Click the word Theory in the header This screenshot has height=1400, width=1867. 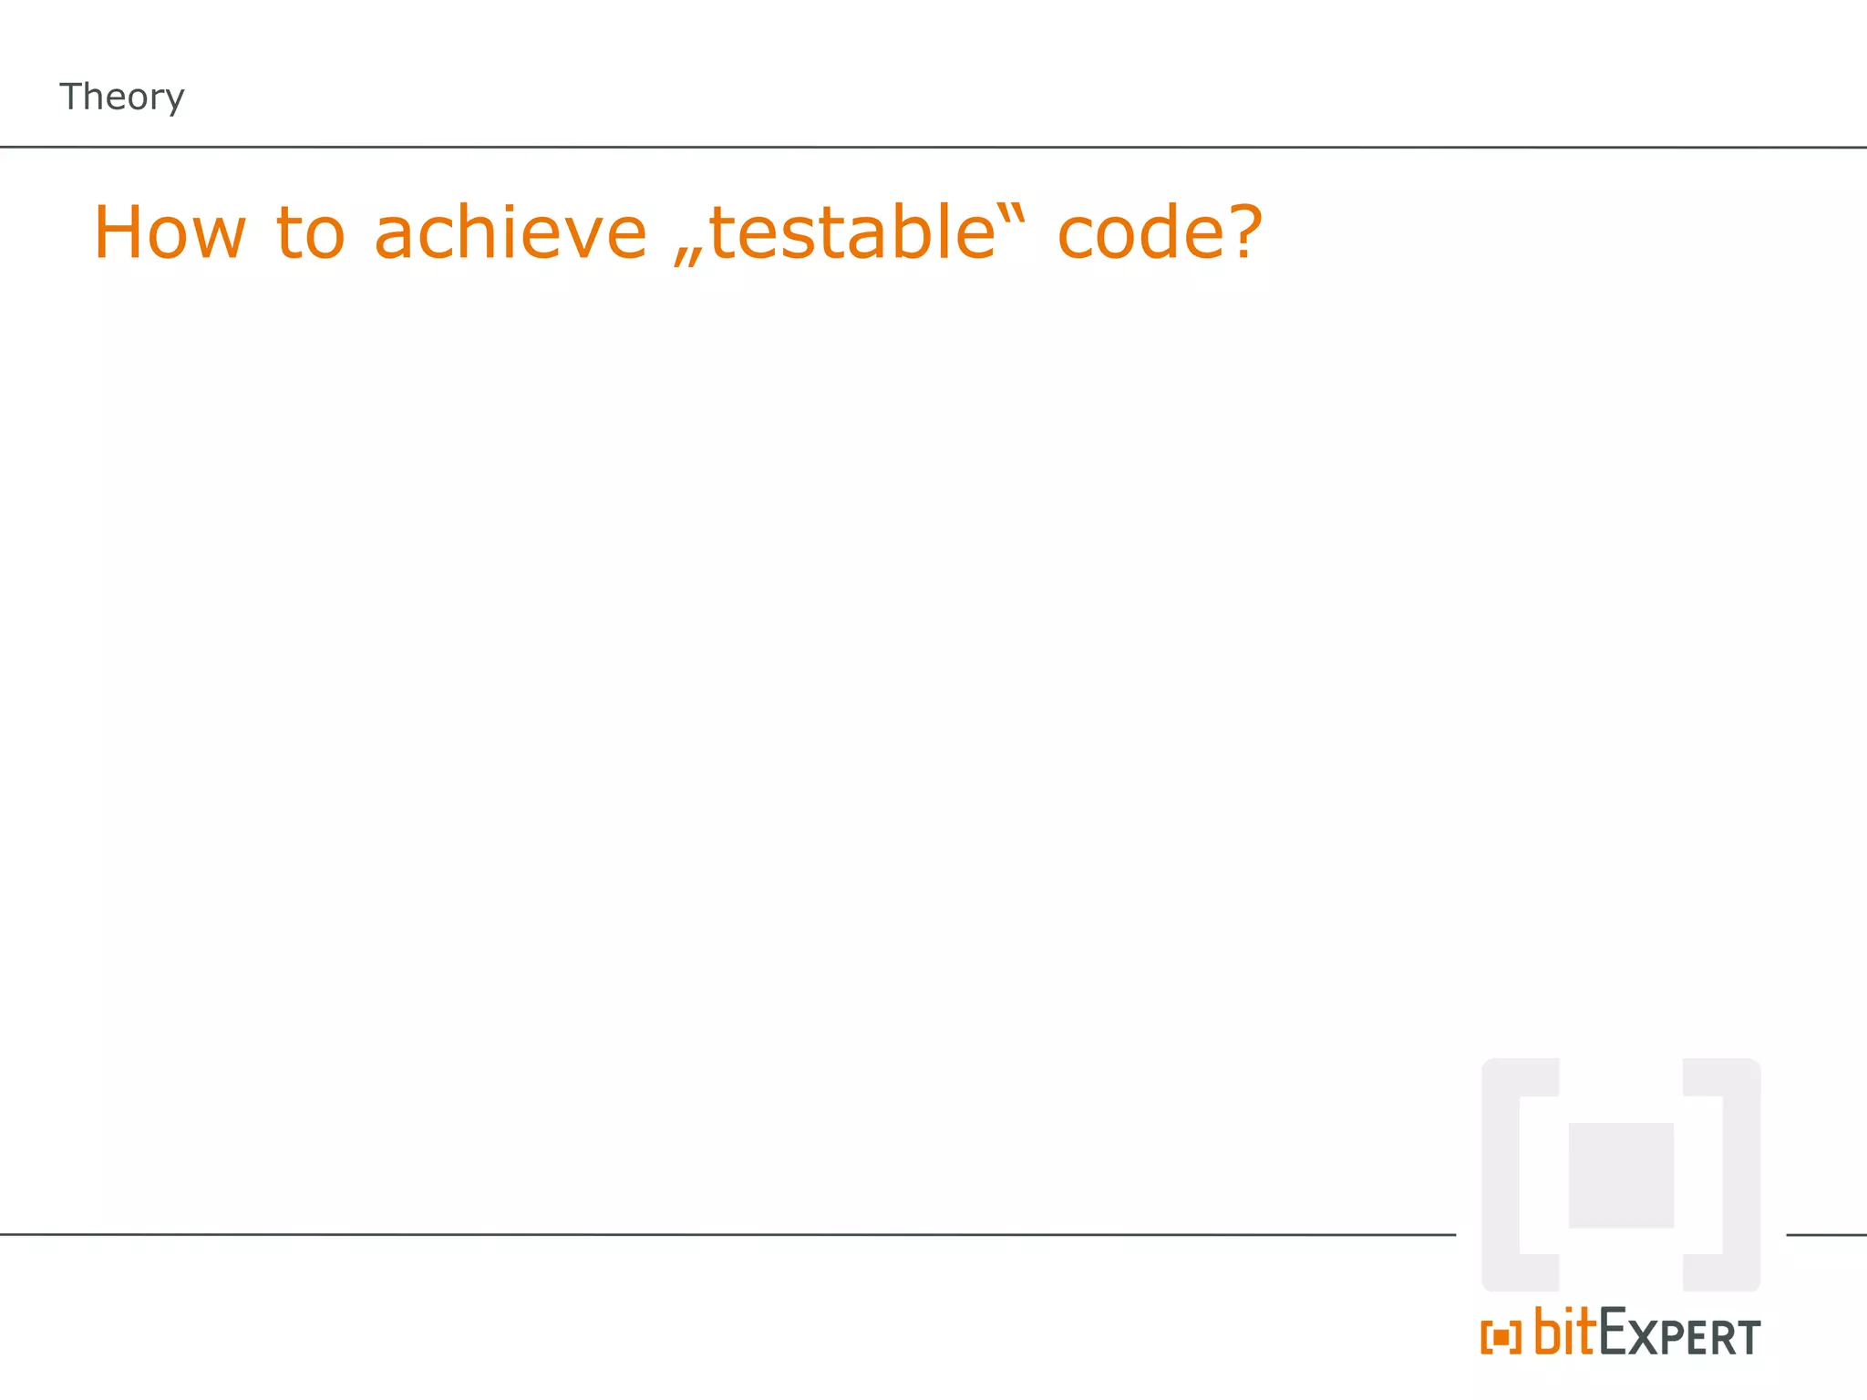[121, 97]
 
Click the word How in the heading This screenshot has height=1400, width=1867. [170, 233]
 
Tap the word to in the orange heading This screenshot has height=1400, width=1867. [310, 233]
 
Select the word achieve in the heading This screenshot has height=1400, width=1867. [511, 233]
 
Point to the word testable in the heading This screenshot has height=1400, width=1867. [852, 233]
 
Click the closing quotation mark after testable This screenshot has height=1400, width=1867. [1016, 212]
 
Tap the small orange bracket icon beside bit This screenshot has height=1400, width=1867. [1501, 1338]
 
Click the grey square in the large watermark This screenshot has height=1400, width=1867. [1620, 1175]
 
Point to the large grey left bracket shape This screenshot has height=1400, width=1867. [1501, 1175]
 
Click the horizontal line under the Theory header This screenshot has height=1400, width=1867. [912, 147]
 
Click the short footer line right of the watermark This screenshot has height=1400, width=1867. [1826, 1235]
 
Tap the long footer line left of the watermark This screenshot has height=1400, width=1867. [729, 1234]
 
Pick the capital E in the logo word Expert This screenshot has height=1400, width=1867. [1614, 1333]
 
